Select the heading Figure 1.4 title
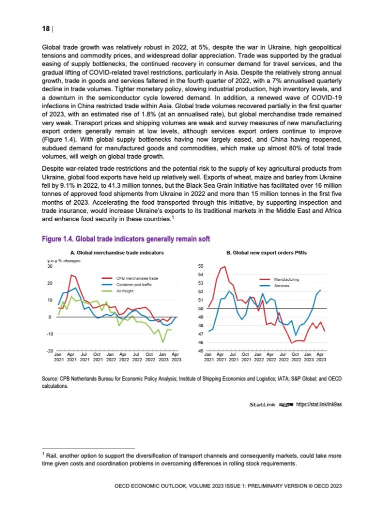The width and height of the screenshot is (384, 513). tap(126, 239)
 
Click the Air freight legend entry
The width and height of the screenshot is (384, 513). tap(125, 290)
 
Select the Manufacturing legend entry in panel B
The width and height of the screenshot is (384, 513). tap(286, 279)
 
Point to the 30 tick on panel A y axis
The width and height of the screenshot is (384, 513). tap(49, 266)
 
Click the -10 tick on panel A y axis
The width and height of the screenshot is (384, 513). tap(48, 334)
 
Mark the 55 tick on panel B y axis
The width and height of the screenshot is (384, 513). tap(200, 266)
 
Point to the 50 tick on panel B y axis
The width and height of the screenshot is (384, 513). tap(200, 308)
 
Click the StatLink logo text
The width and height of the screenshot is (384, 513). tap(263, 404)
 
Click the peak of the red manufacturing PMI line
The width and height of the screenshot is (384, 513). tap(224, 267)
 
